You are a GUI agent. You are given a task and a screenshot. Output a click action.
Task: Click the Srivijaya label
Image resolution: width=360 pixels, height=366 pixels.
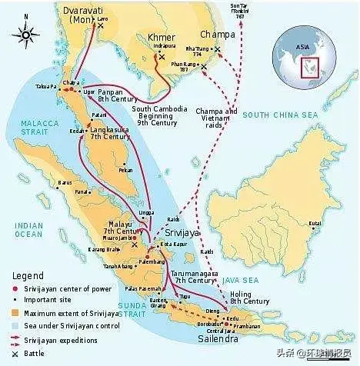pos(182,231)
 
